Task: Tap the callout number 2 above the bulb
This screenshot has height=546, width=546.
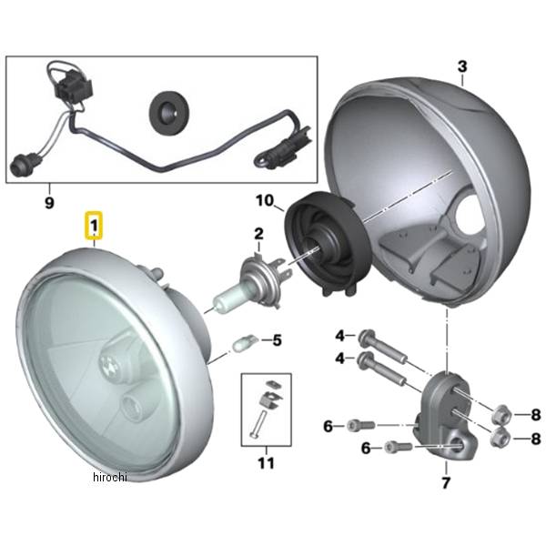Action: coord(258,234)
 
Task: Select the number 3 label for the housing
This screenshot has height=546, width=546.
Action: coord(461,67)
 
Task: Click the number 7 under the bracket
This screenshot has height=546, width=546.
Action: coord(445,482)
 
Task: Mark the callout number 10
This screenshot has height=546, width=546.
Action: coord(265,199)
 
